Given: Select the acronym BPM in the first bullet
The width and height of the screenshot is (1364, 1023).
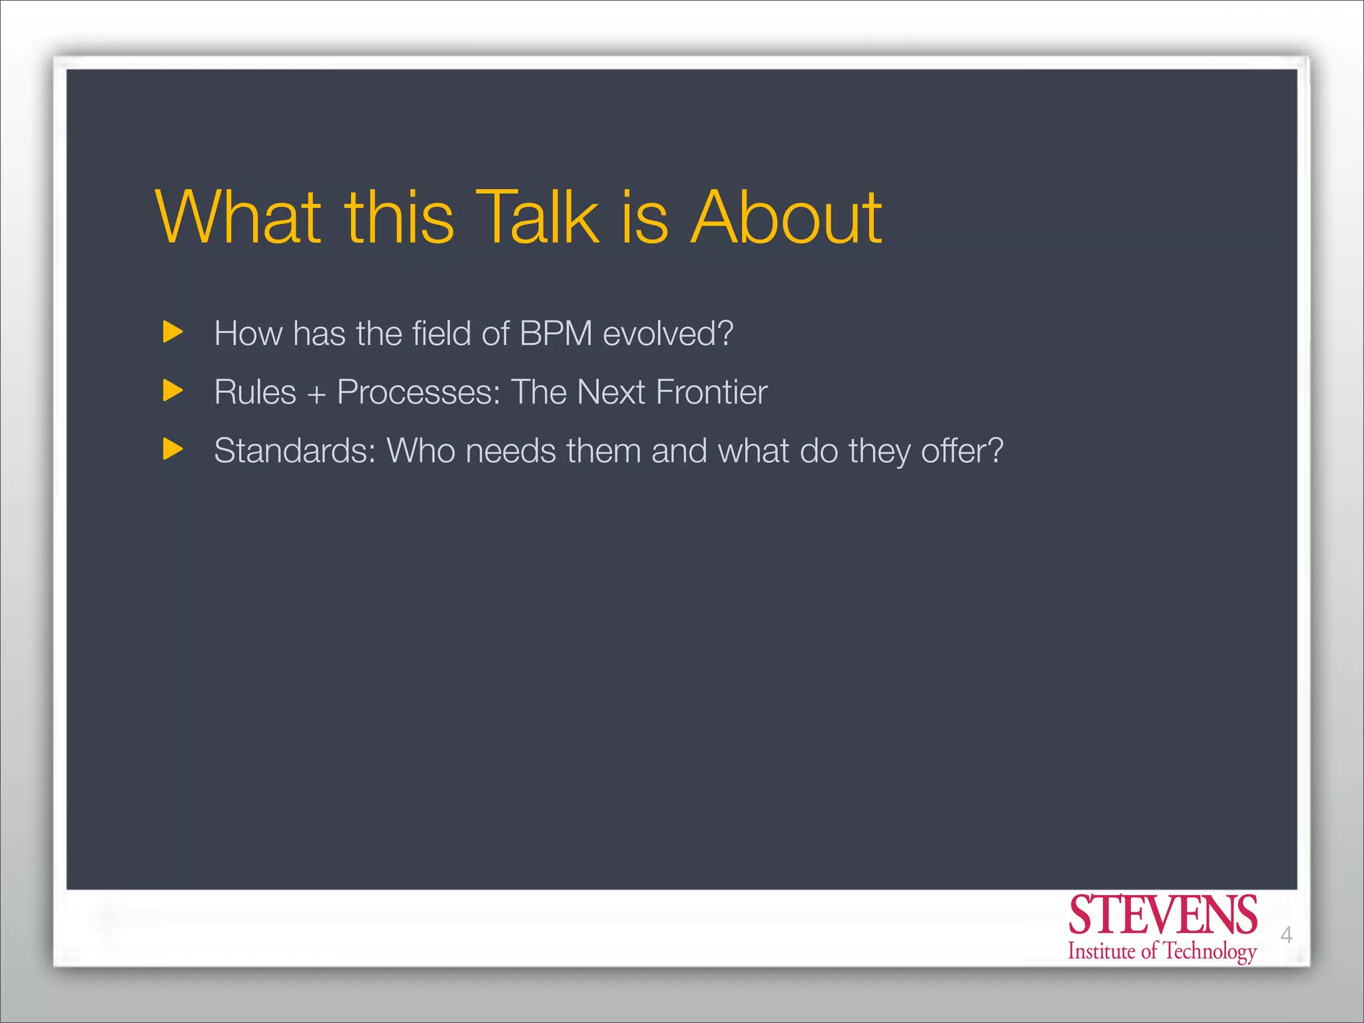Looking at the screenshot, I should click(555, 333).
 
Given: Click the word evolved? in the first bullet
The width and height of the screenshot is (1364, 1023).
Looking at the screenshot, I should click(667, 333).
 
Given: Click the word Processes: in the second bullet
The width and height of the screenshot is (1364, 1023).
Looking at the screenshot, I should click(418, 392).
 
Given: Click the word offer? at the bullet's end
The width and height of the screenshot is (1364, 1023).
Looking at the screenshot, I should click(962, 451).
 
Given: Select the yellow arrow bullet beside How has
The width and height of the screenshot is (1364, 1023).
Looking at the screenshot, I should click(172, 332).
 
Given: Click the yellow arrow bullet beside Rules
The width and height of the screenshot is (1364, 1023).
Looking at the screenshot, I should click(172, 390).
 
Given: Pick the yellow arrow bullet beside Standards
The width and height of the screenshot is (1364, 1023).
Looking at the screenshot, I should click(172, 450).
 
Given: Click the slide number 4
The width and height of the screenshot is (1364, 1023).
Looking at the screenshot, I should click(1286, 935).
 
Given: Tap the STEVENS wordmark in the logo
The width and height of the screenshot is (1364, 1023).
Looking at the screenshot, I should click(1162, 916).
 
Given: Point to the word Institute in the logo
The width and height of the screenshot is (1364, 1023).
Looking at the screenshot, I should click(1101, 951).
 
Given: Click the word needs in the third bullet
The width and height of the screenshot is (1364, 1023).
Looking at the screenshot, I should click(510, 451).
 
